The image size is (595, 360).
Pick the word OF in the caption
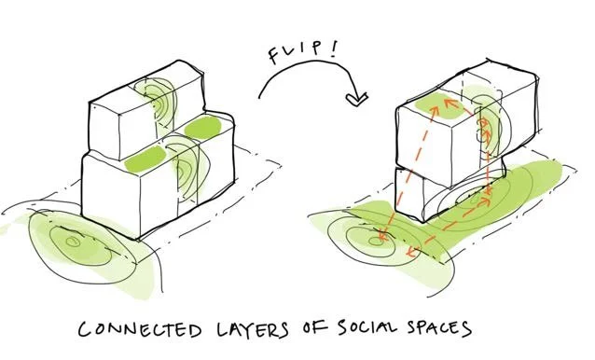[312, 329]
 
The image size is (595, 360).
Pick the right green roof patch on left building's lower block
[204, 128]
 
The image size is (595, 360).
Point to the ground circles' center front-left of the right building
[378, 242]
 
